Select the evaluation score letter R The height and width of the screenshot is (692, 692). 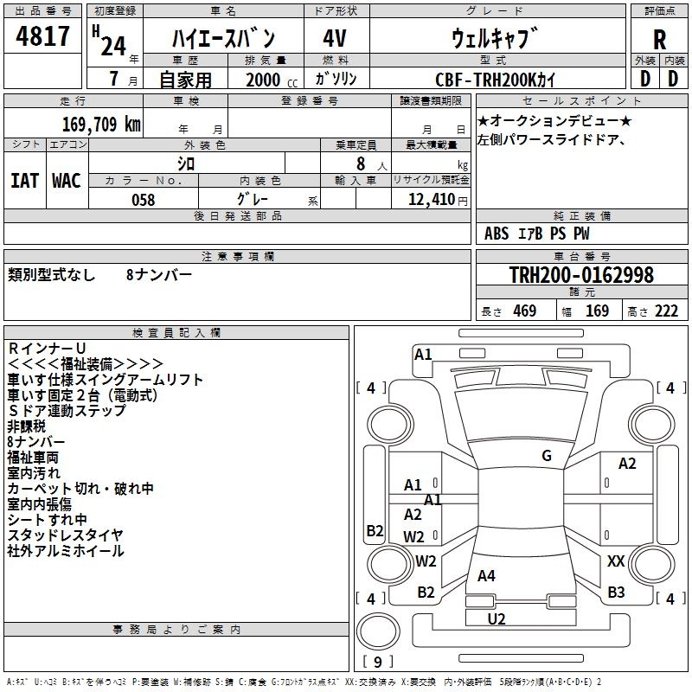tap(659, 39)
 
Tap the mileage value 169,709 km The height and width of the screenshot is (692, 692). tap(101, 124)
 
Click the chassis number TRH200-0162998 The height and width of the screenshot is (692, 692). tap(581, 275)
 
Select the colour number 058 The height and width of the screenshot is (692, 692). tap(143, 200)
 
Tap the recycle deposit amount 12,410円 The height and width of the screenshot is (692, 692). tap(430, 200)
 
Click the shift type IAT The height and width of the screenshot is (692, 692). tap(24, 180)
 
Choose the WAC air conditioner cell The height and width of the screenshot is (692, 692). tap(67, 180)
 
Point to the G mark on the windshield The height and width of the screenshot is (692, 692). tap(546, 456)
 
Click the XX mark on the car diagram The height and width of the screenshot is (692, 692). tap(616, 561)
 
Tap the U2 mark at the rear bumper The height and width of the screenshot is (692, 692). tap(497, 618)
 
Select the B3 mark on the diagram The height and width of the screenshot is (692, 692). tap(616, 593)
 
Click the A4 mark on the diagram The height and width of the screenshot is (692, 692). tap(486, 575)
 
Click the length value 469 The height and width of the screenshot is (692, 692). tap(524, 311)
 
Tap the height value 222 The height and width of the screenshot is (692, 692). tap(666, 311)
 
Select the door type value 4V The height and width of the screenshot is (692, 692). tap(335, 38)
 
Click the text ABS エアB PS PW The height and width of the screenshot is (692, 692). tap(537, 234)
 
